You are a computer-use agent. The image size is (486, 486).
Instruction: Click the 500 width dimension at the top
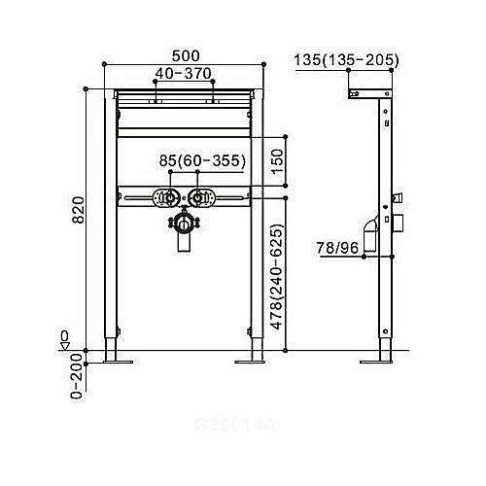coord(184,56)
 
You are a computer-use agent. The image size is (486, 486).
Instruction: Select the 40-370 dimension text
coord(184,73)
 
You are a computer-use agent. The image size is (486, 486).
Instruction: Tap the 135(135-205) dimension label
coord(345,61)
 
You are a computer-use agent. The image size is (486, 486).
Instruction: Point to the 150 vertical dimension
coord(278,158)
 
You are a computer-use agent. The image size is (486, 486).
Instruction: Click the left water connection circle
coord(169,199)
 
